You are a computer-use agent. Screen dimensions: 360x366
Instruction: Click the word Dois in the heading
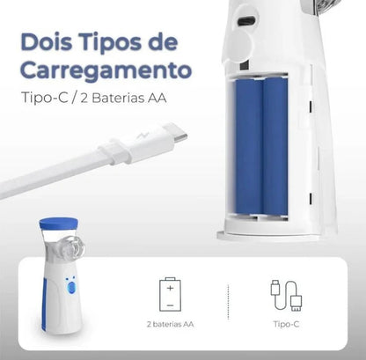pyautogui.click(x=48, y=42)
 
